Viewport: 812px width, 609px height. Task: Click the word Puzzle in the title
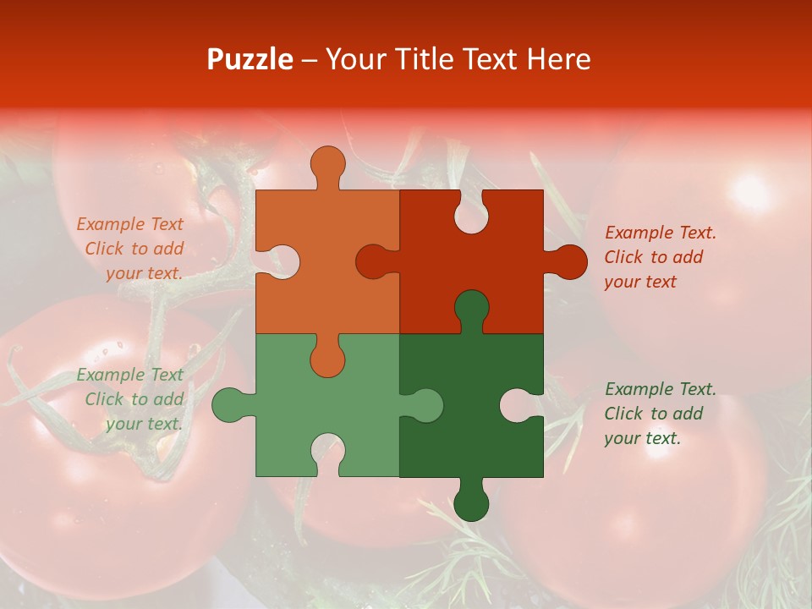click(x=250, y=59)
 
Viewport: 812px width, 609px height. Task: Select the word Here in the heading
click(x=558, y=59)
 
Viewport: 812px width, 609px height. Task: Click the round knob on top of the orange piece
click(x=327, y=165)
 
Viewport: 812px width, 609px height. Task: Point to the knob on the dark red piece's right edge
click(x=568, y=262)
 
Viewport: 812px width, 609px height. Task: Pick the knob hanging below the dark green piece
click(x=471, y=502)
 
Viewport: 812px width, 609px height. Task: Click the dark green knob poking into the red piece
click(x=471, y=309)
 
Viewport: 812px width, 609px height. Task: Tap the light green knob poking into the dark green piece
click(x=423, y=405)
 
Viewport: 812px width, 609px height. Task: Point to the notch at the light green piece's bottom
click(x=327, y=452)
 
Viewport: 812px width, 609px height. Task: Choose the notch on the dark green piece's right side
click(x=519, y=405)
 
